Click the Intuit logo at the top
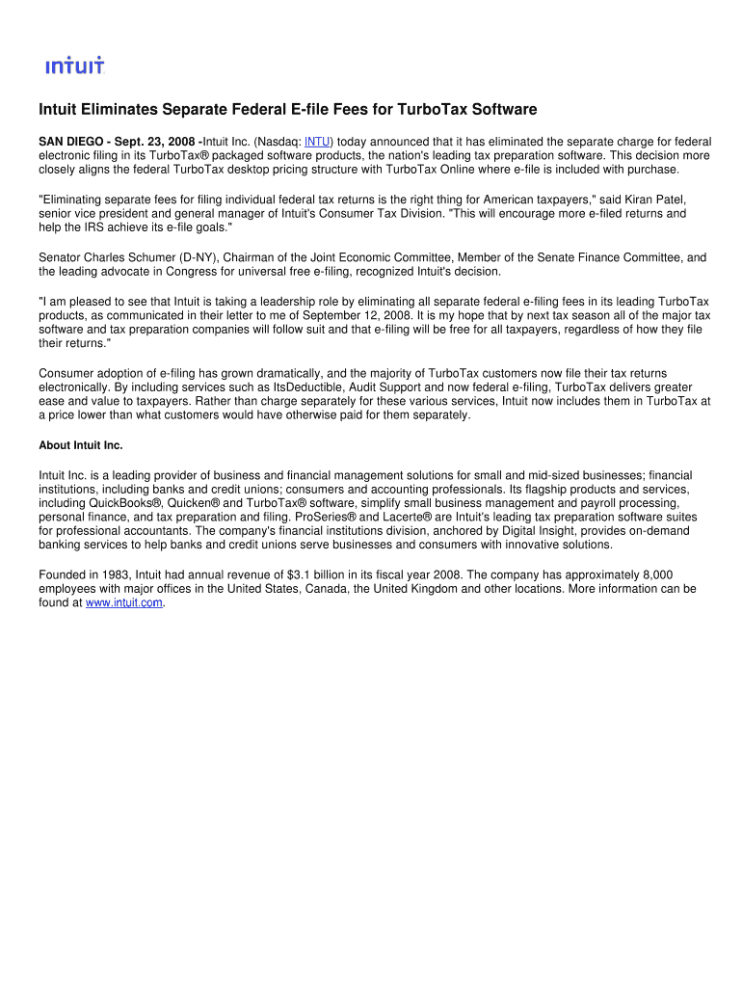coord(75,66)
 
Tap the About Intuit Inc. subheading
coord(81,445)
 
